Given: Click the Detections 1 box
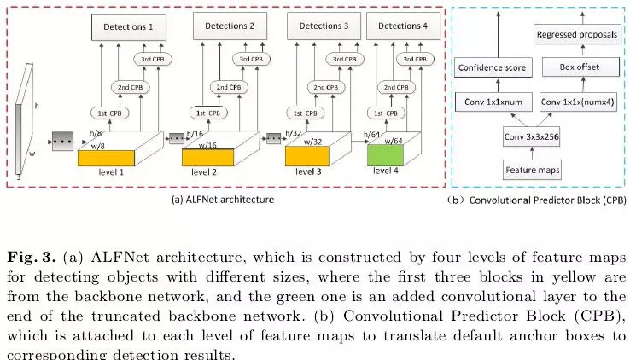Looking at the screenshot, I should click(x=129, y=27).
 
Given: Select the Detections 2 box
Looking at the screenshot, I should click(x=230, y=26).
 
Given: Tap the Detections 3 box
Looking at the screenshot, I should click(x=322, y=26).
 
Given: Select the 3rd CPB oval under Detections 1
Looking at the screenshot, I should click(x=153, y=59).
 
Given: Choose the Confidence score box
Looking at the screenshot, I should click(x=492, y=67).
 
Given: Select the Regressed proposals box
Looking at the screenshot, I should click(x=577, y=34).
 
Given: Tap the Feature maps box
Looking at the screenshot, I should click(x=534, y=171).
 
